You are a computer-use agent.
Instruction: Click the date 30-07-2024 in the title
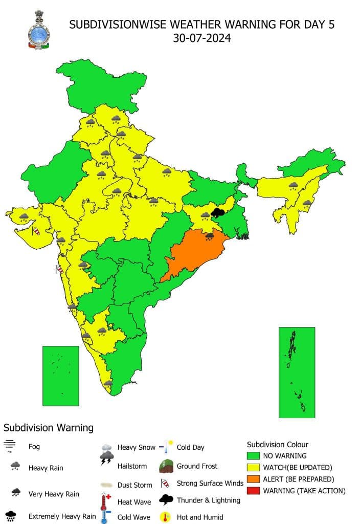(x=201, y=38)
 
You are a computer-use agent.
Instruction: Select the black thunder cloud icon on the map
(x=218, y=212)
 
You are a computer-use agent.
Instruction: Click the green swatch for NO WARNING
(x=253, y=455)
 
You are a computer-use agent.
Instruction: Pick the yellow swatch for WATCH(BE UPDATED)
(x=253, y=467)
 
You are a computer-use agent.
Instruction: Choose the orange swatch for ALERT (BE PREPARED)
(x=253, y=479)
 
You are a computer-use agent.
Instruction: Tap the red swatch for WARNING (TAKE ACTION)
(x=253, y=491)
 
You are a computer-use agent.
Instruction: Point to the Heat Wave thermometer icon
(x=106, y=500)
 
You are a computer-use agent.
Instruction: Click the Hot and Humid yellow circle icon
(x=166, y=516)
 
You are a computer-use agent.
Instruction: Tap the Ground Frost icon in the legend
(x=166, y=466)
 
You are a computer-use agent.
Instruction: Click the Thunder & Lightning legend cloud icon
(x=167, y=499)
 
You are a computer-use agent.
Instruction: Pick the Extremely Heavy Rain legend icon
(x=10, y=516)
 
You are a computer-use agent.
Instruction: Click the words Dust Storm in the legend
(x=135, y=485)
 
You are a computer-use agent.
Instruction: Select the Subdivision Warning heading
(x=49, y=427)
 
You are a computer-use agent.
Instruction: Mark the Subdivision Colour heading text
(x=278, y=444)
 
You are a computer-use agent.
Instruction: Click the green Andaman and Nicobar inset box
(x=297, y=372)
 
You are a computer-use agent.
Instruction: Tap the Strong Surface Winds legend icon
(x=165, y=483)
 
